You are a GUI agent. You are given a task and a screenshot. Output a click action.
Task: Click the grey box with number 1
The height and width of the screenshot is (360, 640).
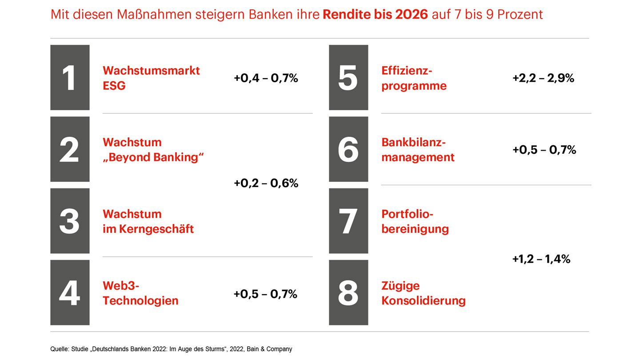tap(70, 78)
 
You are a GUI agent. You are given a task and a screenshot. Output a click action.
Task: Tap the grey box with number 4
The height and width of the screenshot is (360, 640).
tap(70, 292)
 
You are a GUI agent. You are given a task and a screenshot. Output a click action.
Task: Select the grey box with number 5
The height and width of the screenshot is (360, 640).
tap(348, 78)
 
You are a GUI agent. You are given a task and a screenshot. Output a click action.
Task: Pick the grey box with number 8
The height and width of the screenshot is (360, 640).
tap(348, 292)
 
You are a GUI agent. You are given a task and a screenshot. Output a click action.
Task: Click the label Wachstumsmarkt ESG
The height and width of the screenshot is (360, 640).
tap(151, 78)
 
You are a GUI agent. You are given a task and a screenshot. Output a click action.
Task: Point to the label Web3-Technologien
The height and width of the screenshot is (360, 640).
tap(140, 293)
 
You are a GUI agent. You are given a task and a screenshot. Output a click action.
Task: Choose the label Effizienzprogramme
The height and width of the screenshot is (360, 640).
tap(414, 78)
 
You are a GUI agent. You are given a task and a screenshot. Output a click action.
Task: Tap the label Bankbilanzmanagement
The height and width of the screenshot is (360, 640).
tap(418, 150)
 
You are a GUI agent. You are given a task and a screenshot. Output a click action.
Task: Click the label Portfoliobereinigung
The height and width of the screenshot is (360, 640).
tap(415, 221)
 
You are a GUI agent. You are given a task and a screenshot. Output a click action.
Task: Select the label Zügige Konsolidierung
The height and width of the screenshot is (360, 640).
tap(423, 293)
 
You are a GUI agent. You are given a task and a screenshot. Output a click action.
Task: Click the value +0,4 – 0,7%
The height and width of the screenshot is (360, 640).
tap(266, 78)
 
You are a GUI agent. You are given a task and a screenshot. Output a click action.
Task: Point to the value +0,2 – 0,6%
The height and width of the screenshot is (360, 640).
tap(266, 183)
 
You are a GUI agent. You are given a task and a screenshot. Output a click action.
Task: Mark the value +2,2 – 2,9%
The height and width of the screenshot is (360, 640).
tap(543, 78)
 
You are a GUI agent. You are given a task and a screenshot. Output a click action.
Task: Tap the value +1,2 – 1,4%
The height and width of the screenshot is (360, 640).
tap(541, 259)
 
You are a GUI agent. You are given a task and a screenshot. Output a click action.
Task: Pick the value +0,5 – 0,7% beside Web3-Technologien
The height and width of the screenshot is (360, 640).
tap(265, 294)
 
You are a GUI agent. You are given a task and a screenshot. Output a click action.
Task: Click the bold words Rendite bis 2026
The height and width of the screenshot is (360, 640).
tap(375, 14)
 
